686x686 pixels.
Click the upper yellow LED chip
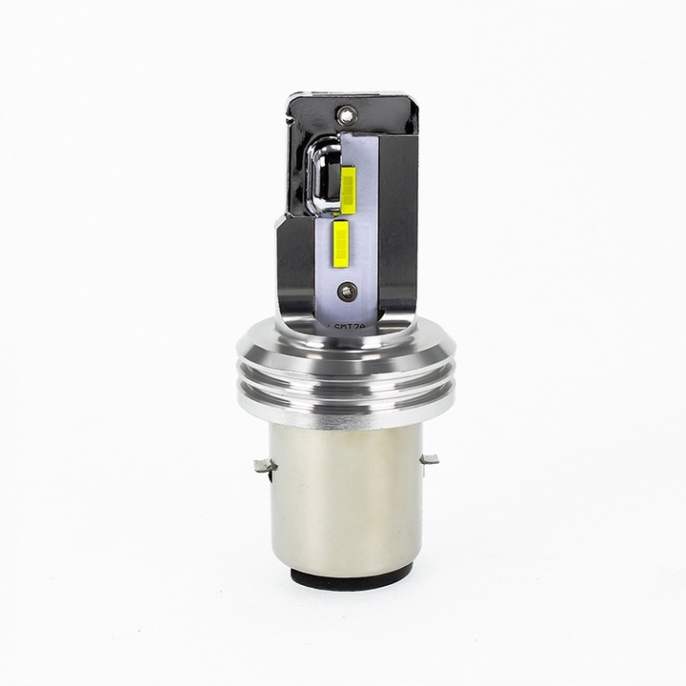coord(348,190)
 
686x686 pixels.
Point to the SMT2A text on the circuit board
coord(353,326)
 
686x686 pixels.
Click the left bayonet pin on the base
coord(264,466)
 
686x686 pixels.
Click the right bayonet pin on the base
coord(429,460)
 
